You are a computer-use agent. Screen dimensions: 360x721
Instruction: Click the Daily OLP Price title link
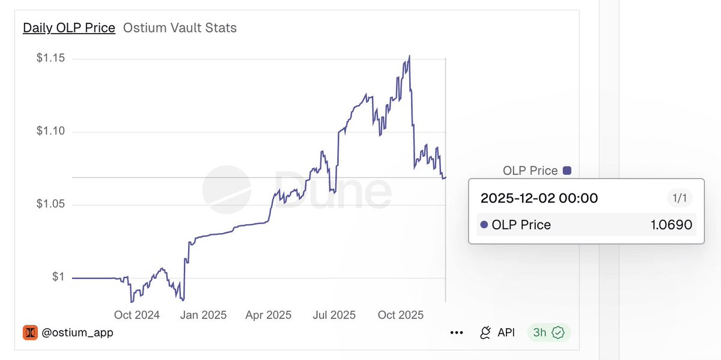(x=68, y=28)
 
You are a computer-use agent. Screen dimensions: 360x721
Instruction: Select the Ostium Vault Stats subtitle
(x=180, y=28)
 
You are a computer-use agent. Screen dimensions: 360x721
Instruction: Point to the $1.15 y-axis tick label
(x=51, y=59)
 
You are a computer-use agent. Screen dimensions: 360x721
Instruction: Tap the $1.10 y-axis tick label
(x=51, y=132)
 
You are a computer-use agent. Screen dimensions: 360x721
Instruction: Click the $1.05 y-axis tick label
(x=51, y=205)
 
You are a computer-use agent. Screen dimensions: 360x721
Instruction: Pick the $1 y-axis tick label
(x=58, y=278)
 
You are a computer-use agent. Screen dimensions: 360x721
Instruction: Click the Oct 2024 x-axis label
(x=136, y=315)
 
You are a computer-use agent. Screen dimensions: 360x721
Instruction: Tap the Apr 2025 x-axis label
(x=269, y=315)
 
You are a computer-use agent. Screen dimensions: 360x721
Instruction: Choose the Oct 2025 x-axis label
(x=401, y=315)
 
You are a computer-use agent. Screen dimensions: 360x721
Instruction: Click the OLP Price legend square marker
(x=567, y=171)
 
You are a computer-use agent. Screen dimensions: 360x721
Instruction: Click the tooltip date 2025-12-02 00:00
(x=540, y=198)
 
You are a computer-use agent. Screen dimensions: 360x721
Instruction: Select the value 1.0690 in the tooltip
(x=671, y=225)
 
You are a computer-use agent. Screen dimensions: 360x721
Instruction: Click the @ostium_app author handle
(x=78, y=332)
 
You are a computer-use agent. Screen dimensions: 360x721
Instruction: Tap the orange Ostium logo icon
(x=30, y=332)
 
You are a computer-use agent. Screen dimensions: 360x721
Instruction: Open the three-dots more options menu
(x=456, y=332)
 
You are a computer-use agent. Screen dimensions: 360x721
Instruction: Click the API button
(x=497, y=332)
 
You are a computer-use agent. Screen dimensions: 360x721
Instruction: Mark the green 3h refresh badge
(x=549, y=332)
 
